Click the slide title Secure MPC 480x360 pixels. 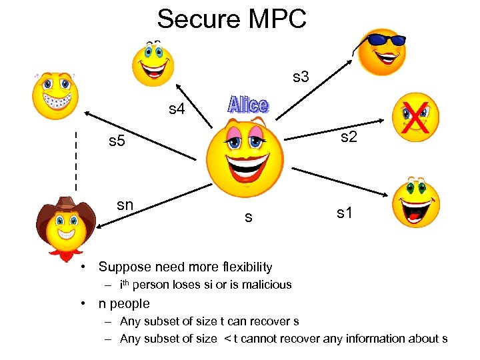click(x=231, y=18)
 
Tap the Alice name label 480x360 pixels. click(x=248, y=105)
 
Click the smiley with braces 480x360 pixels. click(x=57, y=94)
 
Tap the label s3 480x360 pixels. click(x=301, y=77)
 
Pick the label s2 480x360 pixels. click(x=349, y=137)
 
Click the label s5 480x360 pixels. click(x=117, y=141)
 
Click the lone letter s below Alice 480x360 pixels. click(x=248, y=217)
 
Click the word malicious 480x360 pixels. click(x=267, y=285)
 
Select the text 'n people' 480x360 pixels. click(x=124, y=303)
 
